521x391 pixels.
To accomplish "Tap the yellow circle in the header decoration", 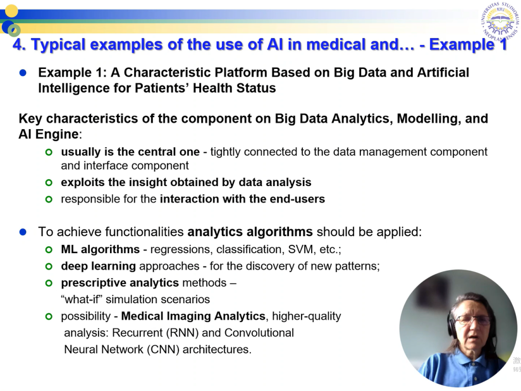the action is click(12, 11).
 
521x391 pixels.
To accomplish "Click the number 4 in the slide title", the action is click(17, 44).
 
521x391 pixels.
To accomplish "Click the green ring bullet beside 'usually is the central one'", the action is click(49, 152).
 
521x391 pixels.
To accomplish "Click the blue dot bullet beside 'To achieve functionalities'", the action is click(23, 232).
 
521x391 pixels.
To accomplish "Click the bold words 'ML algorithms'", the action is click(100, 249).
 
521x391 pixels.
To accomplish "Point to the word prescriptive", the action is click(94, 283).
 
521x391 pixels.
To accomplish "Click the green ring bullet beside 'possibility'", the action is click(49, 317).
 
